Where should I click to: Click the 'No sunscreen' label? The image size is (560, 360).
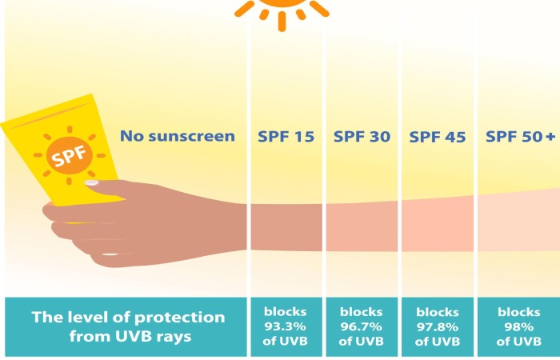pos(178,136)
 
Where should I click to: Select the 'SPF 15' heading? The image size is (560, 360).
pos(286,136)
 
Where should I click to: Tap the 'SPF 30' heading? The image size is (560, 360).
pos(362,136)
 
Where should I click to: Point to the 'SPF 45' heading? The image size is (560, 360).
pos(438,136)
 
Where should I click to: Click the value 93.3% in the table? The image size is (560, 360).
pos(286,327)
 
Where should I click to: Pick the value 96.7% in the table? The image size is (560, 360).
pos(362,327)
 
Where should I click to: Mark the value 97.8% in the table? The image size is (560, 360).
pos(438,327)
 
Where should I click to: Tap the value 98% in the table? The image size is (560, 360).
pos(518,327)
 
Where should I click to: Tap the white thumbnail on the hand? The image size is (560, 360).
pos(92,183)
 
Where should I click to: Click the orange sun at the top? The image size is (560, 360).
pos(282,7)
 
